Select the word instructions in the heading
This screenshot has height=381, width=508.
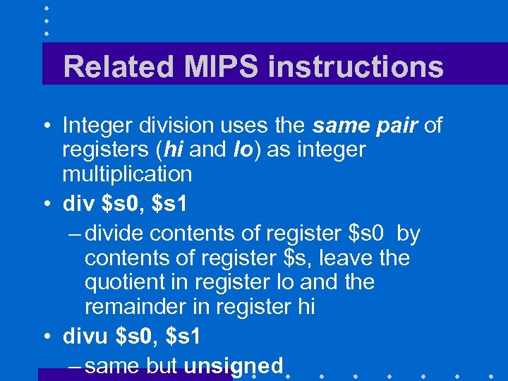(356, 67)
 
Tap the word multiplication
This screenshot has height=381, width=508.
(127, 174)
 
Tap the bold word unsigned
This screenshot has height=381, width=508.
(233, 365)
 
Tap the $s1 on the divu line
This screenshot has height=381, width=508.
(183, 337)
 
